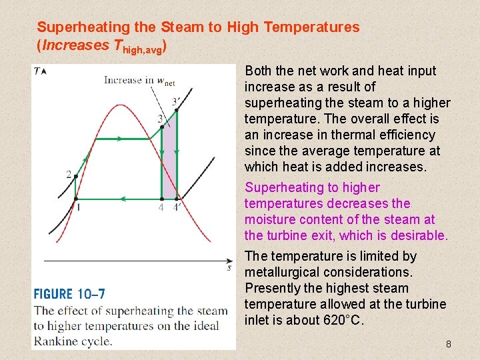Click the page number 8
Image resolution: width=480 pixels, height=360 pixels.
pos(449,344)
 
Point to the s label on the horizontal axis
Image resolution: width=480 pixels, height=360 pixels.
pos(229,267)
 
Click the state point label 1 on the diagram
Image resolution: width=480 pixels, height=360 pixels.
pos(78,207)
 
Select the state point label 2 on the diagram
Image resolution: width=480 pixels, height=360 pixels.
pos(69,175)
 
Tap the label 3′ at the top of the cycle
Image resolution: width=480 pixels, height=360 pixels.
pos(176,101)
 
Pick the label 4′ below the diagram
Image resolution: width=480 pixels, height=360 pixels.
pos(177,207)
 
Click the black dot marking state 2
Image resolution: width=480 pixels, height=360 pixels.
pos(76,177)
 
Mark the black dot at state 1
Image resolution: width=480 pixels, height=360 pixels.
pos(76,198)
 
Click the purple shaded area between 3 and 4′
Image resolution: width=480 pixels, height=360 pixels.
pos(169,160)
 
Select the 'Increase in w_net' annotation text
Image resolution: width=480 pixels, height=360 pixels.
pos(139,81)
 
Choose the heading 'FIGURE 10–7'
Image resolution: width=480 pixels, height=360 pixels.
pos(69,294)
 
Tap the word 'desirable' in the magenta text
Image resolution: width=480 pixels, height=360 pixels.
pos(421,235)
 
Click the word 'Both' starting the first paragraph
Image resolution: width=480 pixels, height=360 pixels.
pos(259,71)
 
